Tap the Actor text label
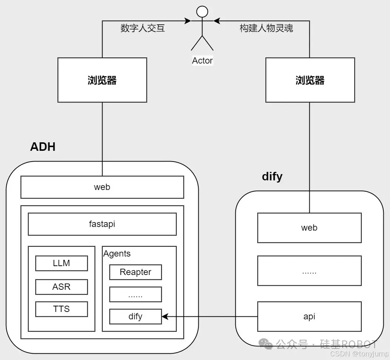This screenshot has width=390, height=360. (x=202, y=61)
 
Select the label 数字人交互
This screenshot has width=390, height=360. (x=143, y=28)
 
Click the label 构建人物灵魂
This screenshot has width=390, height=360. (x=266, y=28)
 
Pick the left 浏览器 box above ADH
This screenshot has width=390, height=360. (x=102, y=80)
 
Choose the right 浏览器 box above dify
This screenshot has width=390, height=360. (x=310, y=80)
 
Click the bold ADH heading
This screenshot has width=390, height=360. (x=43, y=147)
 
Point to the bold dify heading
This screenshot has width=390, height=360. (x=272, y=176)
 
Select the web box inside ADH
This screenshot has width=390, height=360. (x=102, y=187)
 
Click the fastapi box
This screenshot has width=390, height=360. (x=102, y=224)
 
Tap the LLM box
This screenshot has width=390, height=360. (x=61, y=264)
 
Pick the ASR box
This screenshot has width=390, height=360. (x=61, y=287)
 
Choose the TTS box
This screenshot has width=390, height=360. (x=61, y=309)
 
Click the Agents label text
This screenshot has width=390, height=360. (x=117, y=254)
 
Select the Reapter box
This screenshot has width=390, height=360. (x=135, y=272)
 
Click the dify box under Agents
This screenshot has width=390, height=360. (x=135, y=317)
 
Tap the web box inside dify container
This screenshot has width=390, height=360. (x=309, y=228)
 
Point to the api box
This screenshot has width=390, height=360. (x=309, y=316)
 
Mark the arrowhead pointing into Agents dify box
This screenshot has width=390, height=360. (x=165, y=317)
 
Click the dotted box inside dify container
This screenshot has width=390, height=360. (x=309, y=271)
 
